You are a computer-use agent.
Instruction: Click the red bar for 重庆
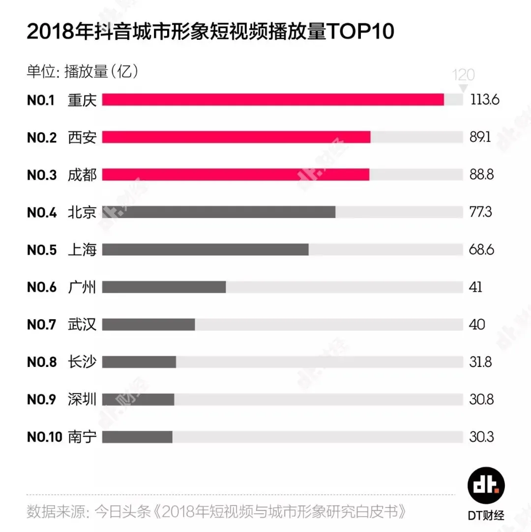pos(273,100)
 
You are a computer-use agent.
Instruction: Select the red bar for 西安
pos(236,137)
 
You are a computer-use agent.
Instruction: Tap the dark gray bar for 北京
pos(219,212)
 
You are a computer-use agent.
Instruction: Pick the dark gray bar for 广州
pos(164,287)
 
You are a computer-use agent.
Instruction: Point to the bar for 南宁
pos(137,437)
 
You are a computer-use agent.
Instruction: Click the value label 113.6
pos(485,100)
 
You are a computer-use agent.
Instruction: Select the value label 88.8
pos(481,175)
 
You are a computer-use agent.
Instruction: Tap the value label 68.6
pos(481,250)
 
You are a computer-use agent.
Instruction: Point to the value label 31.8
pos(480,362)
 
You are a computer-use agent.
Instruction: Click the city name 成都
pos(82,175)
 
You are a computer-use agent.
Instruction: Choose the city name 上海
pos(82,250)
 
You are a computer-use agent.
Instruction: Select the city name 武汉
pos(82,325)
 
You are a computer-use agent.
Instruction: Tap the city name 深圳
pos(82,399)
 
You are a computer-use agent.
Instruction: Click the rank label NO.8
pos(42,362)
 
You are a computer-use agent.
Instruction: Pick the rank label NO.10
pos(44,437)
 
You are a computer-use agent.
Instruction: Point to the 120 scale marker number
pos(463,75)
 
